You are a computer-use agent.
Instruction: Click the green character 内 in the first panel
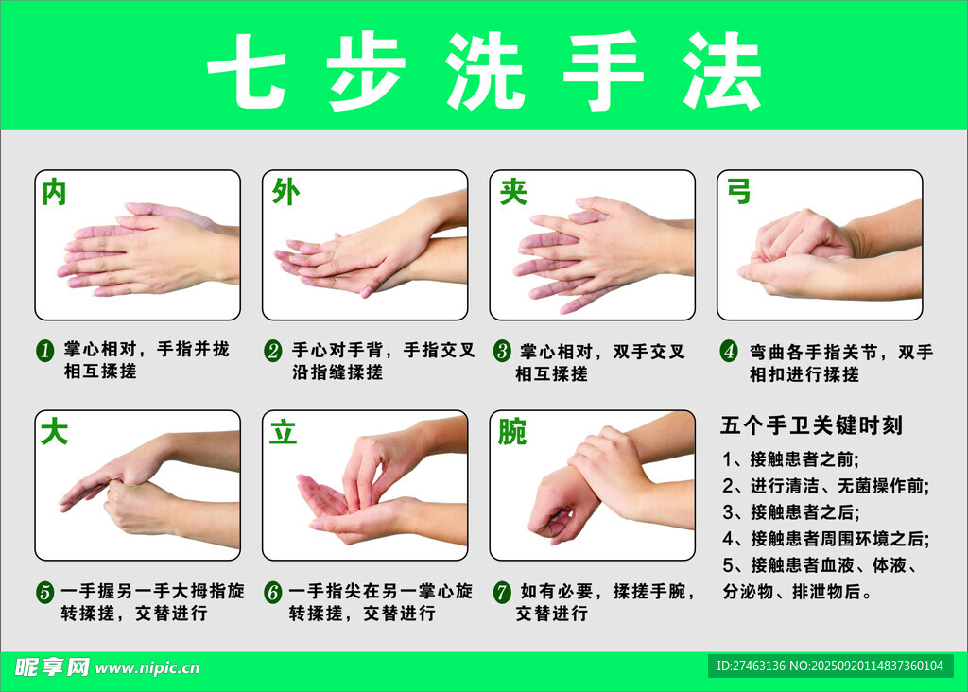[x=54, y=193]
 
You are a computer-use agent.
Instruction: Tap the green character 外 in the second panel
[x=285, y=192]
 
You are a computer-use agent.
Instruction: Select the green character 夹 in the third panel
[x=513, y=192]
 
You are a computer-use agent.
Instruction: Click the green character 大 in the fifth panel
[x=54, y=431]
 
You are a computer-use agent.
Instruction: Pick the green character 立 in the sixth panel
[x=284, y=431]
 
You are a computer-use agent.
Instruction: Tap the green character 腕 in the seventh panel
[x=512, y=431]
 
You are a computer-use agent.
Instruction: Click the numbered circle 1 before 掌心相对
[x=44, y=351]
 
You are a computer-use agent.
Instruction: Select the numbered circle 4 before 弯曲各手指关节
[x=729, y=352]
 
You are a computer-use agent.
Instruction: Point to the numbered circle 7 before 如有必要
[x=502, y=592]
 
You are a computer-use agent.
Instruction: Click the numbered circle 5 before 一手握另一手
[x=44, y=592]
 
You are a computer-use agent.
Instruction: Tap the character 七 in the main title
[x=247, y=71]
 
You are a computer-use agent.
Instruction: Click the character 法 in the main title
[x=721, y=71]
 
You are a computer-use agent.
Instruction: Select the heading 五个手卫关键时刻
[x=812, y=425]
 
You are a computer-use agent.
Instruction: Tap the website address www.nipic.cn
[x=147, y=668]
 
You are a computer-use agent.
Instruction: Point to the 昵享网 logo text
[x=52, y=667]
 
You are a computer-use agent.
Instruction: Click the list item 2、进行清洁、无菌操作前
[x=826, y=486]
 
